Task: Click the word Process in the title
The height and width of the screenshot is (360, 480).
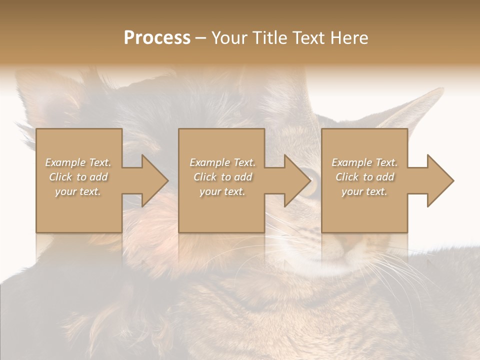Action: [157, 38]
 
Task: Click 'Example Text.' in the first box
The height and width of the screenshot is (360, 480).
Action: [78, 162]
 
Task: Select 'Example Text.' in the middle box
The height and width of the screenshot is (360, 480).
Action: [222, 162]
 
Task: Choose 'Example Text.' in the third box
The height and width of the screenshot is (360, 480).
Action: [364, 162]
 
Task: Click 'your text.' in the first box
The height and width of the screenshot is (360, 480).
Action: [78, 191]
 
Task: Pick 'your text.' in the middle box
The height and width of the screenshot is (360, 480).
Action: [222, 191]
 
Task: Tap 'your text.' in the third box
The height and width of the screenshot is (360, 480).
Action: [364, 191]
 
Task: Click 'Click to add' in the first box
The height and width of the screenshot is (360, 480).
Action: [78, 177]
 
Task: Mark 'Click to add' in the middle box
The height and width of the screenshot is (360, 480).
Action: [222, 177]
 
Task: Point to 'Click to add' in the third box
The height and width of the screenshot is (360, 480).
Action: [364, 177]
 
